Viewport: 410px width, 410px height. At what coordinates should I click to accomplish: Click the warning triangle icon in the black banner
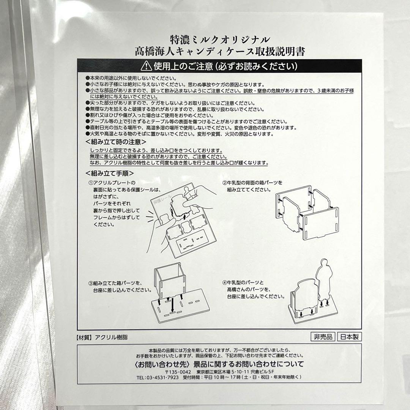coord(146,66)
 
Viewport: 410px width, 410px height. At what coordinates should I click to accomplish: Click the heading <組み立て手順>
coord(110,173)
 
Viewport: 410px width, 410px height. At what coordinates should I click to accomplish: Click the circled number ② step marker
coord(224,183)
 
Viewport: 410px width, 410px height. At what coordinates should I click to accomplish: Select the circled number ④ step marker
coord(224,283)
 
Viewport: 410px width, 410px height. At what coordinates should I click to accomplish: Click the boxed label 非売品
coord(322,337)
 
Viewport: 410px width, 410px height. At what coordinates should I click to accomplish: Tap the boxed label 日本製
coord(349,337)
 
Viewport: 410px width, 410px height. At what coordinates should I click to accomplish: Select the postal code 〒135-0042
coord(173,371)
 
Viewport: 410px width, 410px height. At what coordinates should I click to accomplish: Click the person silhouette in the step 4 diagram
coord(324,279)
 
